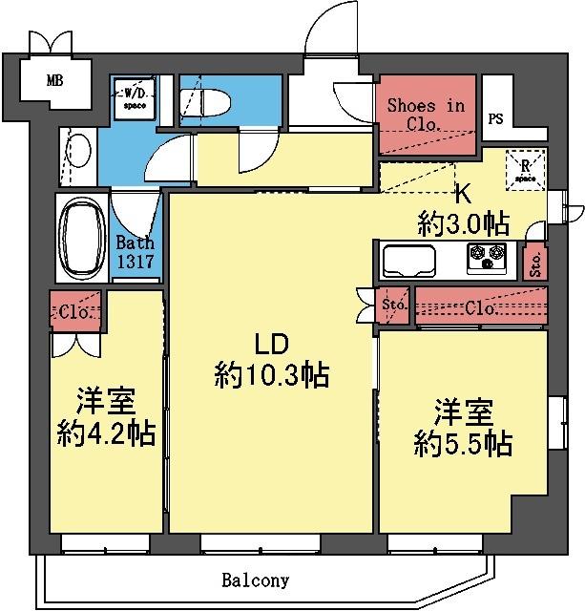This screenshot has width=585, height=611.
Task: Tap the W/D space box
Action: pyautogui.click(x=131, y=98)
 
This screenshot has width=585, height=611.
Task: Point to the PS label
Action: pyautogui.click(x=495, y=119)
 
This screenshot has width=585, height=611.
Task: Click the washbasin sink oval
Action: pyautogui.click(x=80, y=151)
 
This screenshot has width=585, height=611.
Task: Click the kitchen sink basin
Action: pyautogui.click(x=409, y=259)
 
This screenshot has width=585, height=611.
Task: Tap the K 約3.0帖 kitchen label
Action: pyautogui.click(x=462, y=210)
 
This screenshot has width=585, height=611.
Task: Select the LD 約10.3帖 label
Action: pyautogui.click(x=271, y=362)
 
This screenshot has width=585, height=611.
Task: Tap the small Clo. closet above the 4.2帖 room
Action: pyautogui.click(x=76, y=312)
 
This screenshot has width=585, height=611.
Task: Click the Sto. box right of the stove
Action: pyautogui.click(x=534, y=261)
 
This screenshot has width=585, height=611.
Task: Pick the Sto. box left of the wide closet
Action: pyautogui.click(x=394, y=306)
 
